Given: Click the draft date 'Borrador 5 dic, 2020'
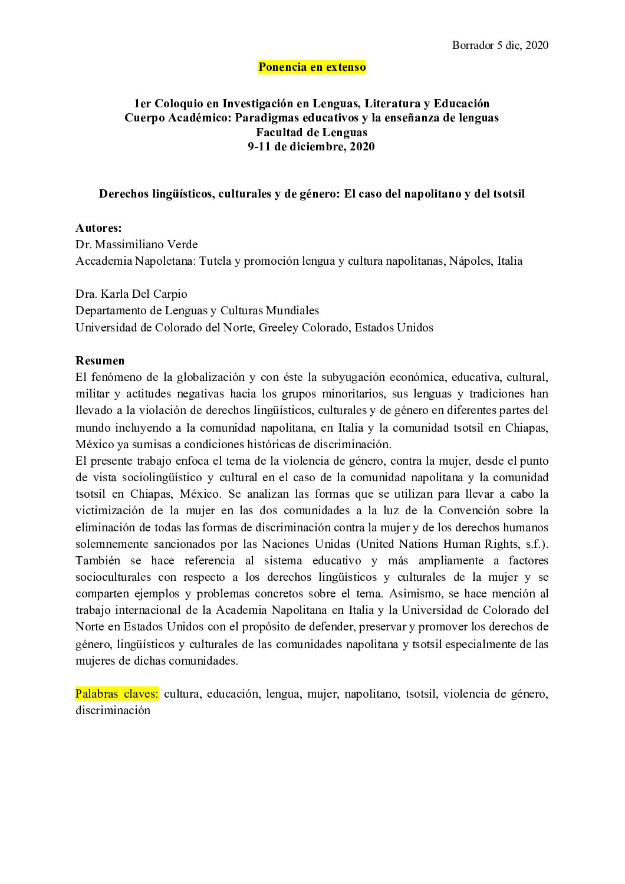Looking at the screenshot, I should [x=500, y=45].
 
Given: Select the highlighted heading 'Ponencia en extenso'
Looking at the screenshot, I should [x=312, y=67].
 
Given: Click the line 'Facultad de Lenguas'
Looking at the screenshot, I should [x=312, y=133].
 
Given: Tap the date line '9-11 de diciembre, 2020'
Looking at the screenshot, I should [x=311, y=147].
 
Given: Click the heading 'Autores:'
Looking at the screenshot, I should [x=98, y=228].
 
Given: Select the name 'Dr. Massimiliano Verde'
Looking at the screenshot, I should [x=137, y=244].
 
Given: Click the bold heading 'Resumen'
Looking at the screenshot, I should [x=100, y=360].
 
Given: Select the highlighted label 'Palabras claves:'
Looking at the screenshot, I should [x=117, y=694].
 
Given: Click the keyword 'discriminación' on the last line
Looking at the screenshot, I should [x=113, y=710].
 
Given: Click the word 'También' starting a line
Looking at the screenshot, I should [x=96, y=560].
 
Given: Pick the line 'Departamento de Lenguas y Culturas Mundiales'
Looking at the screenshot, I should [x=197, y=310].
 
